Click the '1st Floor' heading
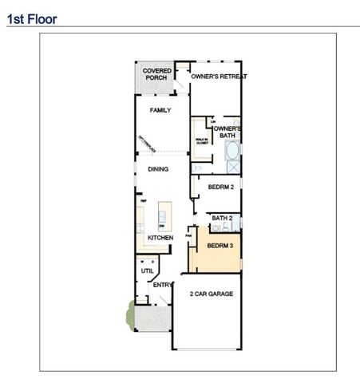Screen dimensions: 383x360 [x=32, y=18]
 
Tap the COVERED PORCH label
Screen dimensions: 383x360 [x=157, y=74]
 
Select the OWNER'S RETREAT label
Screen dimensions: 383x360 [x=219, y=77]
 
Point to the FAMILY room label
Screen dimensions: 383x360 [x=160, y=110]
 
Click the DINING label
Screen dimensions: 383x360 [x=157, y=169]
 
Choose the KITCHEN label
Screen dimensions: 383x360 [x=160, y=238]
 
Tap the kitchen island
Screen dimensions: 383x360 [x=164, y=213]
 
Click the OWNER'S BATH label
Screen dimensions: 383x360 [x=227, y=132]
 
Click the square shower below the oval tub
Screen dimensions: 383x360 [x=233, y=167]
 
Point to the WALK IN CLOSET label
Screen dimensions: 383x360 [x=202, y=141]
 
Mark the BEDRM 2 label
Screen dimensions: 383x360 [x=220, y=188]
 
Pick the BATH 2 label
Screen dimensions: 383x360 [x=222, y=218]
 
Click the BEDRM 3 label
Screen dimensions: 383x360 [x=220, y=246]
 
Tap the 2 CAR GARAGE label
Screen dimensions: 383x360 [x=212, y=294]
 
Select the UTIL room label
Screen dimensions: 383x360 [x=148, y=270]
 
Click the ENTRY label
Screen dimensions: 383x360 [x=163, y=285]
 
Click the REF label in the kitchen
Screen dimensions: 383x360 [x=144, y=201]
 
